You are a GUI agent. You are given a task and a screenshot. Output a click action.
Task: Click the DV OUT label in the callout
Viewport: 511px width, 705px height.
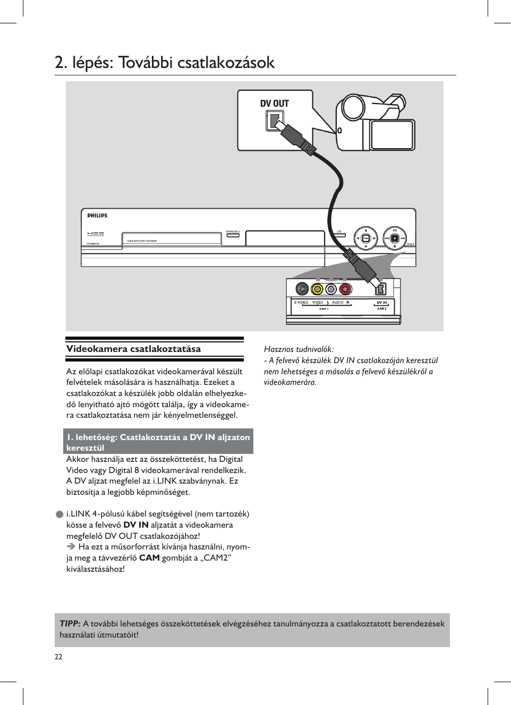click(x=274, y=104)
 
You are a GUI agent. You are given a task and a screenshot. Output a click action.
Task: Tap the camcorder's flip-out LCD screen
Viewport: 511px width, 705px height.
click(x=392, y=135)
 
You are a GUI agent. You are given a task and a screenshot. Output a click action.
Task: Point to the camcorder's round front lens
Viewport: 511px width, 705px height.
click(x=353, y=108)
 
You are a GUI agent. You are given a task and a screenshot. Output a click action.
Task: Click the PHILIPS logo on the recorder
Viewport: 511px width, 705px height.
click(x=97, y=216)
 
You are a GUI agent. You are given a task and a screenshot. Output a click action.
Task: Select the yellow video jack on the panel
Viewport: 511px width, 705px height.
click(x=317, y=289)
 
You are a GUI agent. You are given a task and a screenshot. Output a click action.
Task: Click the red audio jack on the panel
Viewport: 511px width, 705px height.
click(x=345, y=289)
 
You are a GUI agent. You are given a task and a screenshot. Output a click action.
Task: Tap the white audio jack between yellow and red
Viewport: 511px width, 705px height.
click(x=331, y=289)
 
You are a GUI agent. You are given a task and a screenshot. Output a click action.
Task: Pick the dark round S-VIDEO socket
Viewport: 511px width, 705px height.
click(x=302, y=289)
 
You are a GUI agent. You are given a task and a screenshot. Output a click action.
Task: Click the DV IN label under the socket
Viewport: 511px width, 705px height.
click(x=381, y=303)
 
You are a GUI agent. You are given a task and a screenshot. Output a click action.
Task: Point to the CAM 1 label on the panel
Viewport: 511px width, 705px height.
click(x=323, y=308)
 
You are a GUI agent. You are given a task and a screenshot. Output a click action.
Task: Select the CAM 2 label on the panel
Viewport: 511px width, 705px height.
click(x=381, y=308)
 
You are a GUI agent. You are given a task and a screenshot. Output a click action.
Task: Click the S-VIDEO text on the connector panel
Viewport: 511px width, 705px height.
click(x=301, y=303)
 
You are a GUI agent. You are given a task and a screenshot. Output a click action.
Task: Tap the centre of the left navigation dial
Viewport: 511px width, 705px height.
click(x=366, y=238)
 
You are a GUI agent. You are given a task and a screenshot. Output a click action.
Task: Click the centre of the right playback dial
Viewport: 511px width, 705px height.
click(x=395, y=238)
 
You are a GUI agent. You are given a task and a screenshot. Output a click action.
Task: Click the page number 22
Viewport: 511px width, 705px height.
click(x=58, y=657)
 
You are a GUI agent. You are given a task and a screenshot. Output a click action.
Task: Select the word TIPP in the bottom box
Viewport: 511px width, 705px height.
click(x=70, y=623)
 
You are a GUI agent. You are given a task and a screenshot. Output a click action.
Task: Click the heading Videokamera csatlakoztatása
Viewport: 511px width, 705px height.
click(x=133, y=349)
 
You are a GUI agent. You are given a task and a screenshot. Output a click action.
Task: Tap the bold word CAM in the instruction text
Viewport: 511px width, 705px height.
click(x=149, y=558)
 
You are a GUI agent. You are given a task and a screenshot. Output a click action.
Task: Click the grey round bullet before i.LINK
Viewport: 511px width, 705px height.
click(x=60, y=514)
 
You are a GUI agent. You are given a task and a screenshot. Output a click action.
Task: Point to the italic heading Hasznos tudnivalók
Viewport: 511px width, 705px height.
click(x=299, y=349)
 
